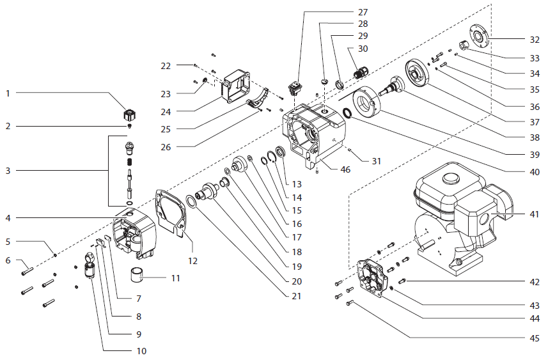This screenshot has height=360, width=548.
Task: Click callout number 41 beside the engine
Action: [x=534, y=214]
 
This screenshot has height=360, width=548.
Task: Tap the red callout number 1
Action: [x=8, y=93]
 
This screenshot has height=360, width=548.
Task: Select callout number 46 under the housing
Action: [x=345, y=169]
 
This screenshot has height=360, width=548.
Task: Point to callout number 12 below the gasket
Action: [x=193, y=261]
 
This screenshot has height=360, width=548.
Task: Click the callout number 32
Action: [x=534, y=39]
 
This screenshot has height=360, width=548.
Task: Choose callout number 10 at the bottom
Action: [x=141, y=351]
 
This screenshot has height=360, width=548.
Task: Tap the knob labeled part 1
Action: [x=130, y=116]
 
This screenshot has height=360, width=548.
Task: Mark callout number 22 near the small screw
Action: [x=166, y=66]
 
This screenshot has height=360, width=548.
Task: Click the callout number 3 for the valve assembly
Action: [x=8, y=171]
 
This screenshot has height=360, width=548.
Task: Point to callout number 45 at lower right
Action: [x=534, y=338]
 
